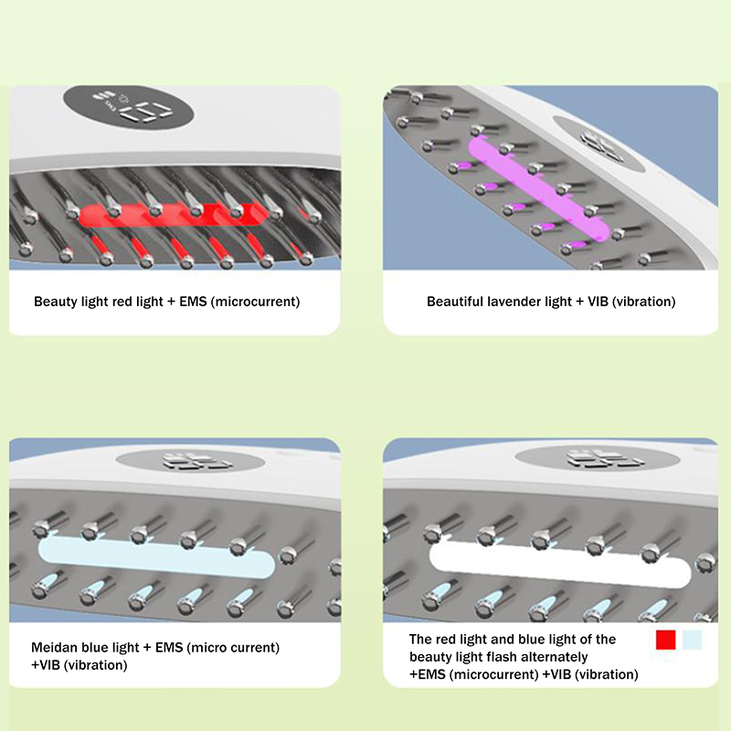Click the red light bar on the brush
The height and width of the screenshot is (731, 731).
[174, 216]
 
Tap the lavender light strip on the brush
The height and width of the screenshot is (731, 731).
[538, 189]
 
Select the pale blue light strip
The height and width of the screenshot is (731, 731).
[156, 556]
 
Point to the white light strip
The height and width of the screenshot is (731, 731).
[559, 564]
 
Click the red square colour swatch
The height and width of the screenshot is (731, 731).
[666, 640]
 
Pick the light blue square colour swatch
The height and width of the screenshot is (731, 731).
[692, 640]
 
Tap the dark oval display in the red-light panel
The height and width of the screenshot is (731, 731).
[129, 107]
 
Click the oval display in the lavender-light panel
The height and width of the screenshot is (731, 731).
[599, 143]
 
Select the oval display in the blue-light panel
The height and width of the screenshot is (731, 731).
[190, 461]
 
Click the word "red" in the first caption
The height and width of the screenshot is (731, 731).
[122, 302]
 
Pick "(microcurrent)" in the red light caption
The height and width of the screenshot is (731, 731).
[256, 302]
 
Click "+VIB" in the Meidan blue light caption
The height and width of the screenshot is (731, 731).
[46, 665]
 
